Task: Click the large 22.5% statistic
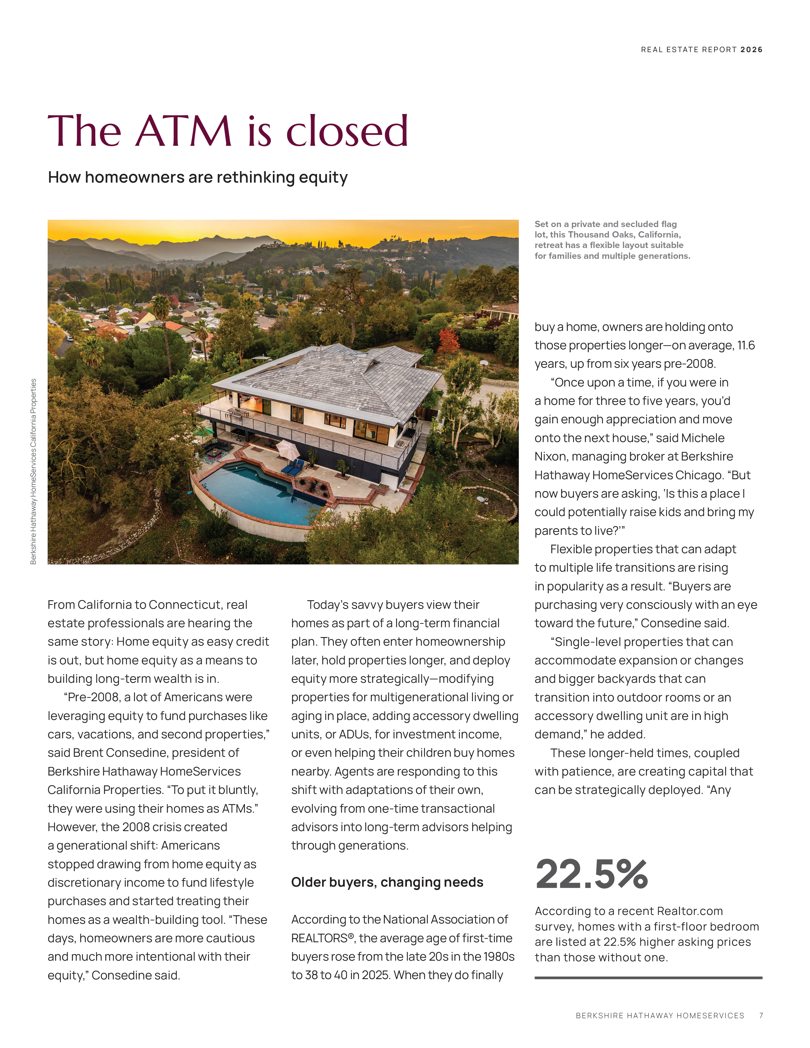pos(592,874)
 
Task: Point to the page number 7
pos(761,1015)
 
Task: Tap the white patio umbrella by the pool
pos(287,449)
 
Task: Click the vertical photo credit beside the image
pos(33,471)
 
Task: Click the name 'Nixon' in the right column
pos(551,456)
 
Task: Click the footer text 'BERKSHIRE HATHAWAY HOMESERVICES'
pos(660,1015)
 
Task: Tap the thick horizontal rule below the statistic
pos(648,977)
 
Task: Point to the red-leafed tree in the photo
pos(448,340)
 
